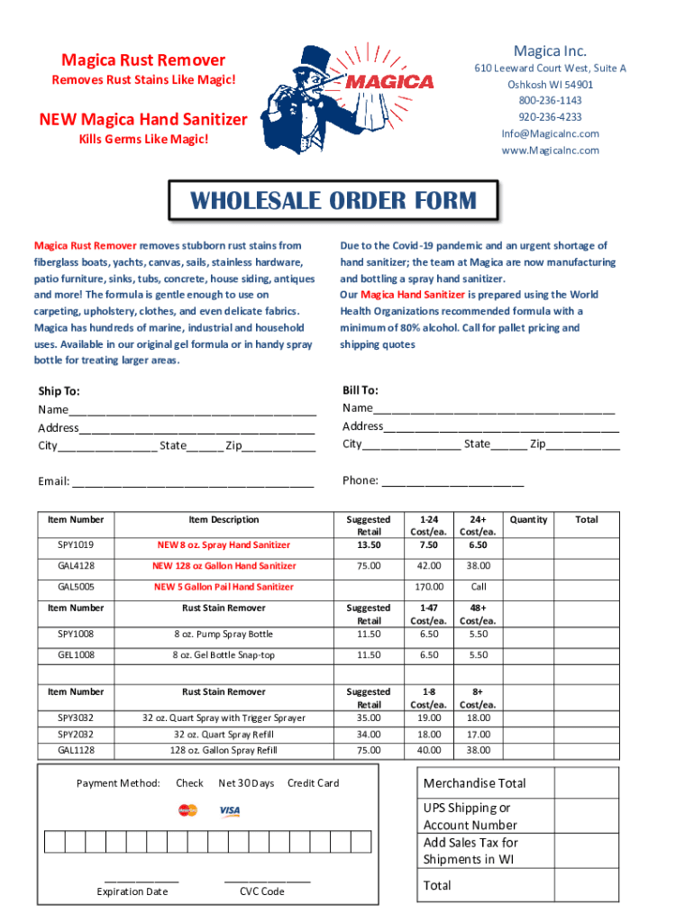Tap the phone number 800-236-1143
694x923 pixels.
pos(549,101)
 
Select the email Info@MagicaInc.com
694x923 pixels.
pos(550,133)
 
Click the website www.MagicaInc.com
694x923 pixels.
pos(550,151)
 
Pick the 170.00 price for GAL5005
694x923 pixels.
pos(428,587)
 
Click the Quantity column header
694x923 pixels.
pos(528,520)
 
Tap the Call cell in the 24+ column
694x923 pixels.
pos(479,587)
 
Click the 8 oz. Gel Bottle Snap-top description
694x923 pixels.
pos(224,655)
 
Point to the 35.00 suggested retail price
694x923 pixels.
pos(369,718)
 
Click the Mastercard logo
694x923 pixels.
pos(187,810)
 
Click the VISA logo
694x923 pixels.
pos(230,811)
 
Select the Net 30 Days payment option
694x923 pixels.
pos(246,783)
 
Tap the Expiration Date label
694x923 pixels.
pos(132,891)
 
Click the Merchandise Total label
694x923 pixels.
pos(475,783)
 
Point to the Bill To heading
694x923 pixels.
pos(360,390)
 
